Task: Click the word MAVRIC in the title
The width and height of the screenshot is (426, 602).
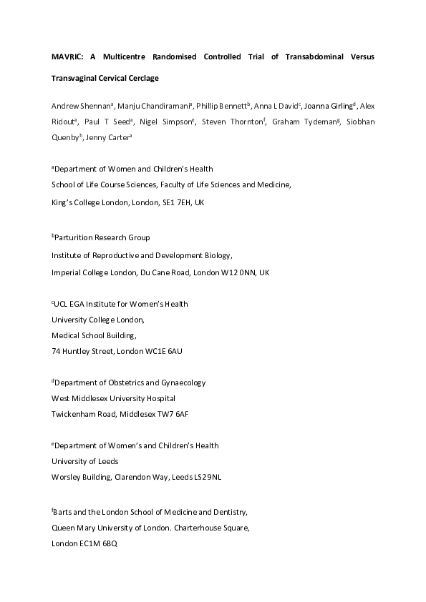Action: pyautogui.click(x=66, y=56)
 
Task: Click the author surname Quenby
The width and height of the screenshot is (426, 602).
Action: pyautogui.click(x=67, y=138)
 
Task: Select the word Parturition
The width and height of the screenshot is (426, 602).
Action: pyautogui.click(x=76, y=237)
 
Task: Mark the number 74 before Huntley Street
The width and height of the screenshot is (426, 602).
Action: pyautogui.click(x=57, y=350)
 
